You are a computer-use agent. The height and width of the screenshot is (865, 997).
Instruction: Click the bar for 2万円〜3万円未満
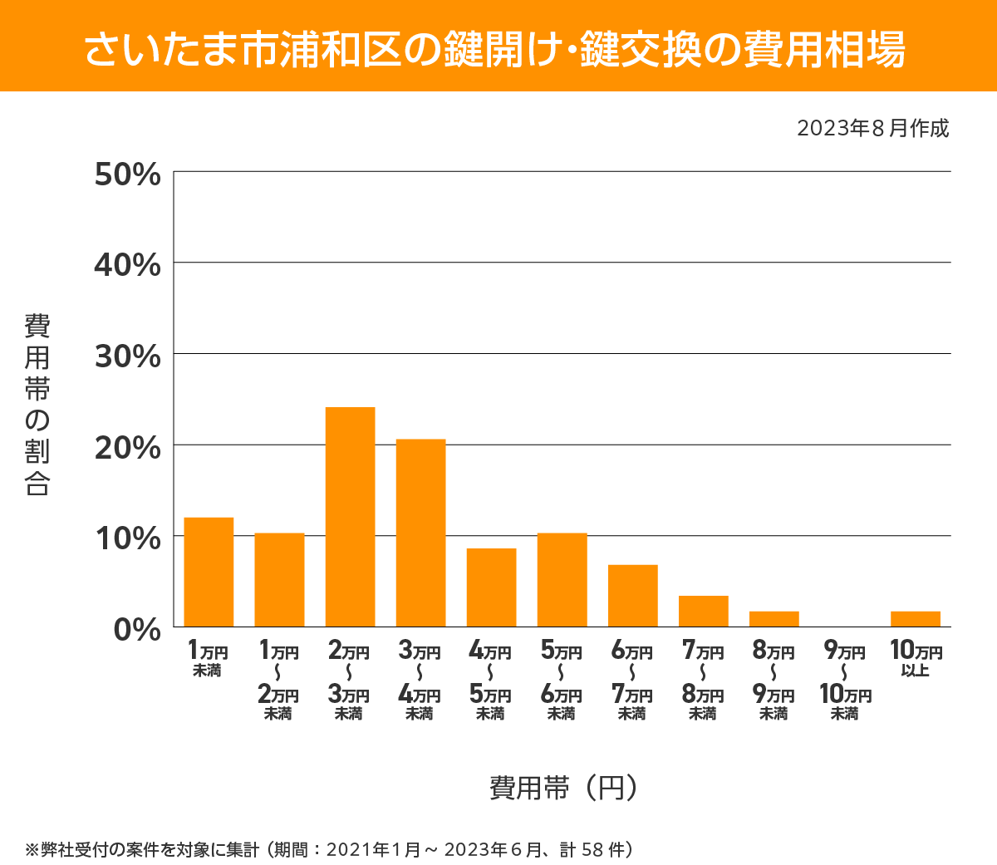pyautogui.click(x=350, y=517)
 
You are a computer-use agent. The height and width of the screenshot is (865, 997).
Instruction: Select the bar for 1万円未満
pyautogui.click(x=209, y=572)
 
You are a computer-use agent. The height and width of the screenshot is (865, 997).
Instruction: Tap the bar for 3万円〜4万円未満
pyautogui.click(x=420, y=533)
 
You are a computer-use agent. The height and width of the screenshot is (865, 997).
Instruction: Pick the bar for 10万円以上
pyautogui.click(x=915, y=619)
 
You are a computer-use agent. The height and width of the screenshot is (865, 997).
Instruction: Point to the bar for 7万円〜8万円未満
pyautogui.click(x=703, y=611)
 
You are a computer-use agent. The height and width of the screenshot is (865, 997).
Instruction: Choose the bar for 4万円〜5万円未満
pyautogui.click(x=491, y=587)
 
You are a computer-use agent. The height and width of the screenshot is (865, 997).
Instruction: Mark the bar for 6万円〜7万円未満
pyautogui.click(x=632, y=596)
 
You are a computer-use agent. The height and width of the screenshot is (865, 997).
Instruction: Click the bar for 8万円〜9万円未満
pyautogui.click(x=774, y=619)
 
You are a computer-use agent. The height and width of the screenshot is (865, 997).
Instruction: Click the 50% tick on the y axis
pyautogui.click(x=127, y=174)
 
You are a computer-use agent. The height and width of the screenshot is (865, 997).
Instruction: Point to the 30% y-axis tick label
pyautogui.click(x=127, y=356)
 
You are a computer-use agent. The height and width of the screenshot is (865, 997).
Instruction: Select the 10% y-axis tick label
pyautogui.click(x=127, y=538)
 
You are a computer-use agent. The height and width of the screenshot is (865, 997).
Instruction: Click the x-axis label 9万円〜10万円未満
pyautogui.click(x=844, y=681)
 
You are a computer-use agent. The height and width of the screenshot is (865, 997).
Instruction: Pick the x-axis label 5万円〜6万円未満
pyautogui.click(x=562, y=681)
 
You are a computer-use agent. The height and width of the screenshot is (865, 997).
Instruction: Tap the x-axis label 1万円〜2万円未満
pyautogui.click(x=278, y=681)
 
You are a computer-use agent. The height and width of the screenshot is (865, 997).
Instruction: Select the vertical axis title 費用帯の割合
pyautogui.click(x=37, y=404)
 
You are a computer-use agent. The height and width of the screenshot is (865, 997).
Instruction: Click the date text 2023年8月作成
pyautogui.click(x=872, y=129)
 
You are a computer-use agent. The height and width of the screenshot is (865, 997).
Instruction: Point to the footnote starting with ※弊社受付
pyautogui.click(x=330, y=849)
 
